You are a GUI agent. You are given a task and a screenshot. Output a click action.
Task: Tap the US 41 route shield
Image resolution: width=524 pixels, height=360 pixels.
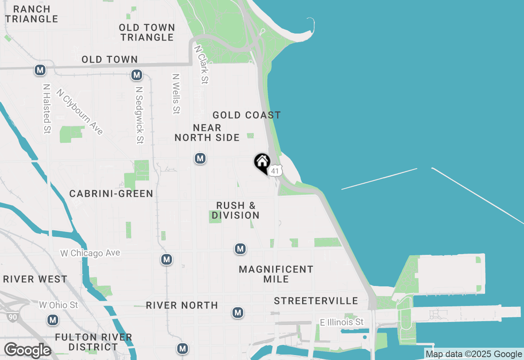click(276, 171)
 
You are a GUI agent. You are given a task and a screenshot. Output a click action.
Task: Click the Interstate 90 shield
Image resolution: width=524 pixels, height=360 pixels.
click(11, 316)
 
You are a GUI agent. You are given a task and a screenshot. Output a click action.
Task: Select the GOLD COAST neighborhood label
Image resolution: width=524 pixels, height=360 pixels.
click(246, 115)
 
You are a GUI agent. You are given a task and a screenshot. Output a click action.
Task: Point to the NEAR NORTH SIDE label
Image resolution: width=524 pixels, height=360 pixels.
click(207, 133)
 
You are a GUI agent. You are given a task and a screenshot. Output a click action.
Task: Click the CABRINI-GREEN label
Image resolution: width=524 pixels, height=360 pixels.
click(111, 193)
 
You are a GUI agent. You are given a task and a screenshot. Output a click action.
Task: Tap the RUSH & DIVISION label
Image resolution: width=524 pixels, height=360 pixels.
click(236, 210)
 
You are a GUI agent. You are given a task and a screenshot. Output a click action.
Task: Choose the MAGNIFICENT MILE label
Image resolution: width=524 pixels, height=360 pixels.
click(276, 274)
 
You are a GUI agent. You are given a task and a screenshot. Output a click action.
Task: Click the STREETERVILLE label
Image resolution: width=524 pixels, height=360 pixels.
click(316, 301)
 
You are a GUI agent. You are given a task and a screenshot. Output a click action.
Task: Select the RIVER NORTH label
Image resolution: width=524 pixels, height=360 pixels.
click(182, 306)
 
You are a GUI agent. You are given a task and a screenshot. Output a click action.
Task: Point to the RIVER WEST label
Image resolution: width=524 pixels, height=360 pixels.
click(35, 279)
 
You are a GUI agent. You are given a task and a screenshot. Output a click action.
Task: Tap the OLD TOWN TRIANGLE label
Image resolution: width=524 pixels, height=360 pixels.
click(147, 32)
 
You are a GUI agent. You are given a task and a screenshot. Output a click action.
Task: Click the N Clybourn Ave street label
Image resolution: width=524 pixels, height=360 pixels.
click(80, 111)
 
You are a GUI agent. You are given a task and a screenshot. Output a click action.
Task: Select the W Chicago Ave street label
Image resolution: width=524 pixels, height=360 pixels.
click(90, 253)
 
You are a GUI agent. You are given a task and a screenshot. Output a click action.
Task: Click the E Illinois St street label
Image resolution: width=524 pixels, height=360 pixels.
click(342, 322)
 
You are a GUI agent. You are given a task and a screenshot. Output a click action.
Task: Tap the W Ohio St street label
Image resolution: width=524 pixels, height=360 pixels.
click(58, 305)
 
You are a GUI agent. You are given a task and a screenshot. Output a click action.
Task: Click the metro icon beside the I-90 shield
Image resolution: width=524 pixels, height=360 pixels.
click(53, 320)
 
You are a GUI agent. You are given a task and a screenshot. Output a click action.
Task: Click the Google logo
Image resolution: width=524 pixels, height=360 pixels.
click(27, 351)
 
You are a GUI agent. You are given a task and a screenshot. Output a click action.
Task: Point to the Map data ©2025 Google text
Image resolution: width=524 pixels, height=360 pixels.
click(474, 354)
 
